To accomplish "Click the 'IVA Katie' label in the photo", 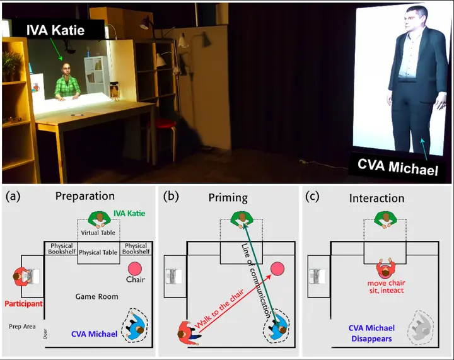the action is (55, 30).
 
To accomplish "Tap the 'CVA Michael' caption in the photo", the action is (397, 167).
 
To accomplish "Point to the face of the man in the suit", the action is (413, 21).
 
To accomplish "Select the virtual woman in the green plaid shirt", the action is (67, 83).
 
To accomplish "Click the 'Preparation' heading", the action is (85, 196).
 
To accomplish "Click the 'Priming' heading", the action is (228, 198).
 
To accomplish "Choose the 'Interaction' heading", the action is (376, 198).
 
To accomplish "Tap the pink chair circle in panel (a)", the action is (135, 269).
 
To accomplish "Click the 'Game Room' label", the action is (96, 296).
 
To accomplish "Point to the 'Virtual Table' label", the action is (98, 233).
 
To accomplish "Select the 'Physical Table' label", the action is (98, 252).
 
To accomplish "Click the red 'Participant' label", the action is (23, 304).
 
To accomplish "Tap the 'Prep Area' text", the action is (22, 327).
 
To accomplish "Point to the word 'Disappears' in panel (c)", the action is (371, 339).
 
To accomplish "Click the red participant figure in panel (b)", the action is (189, 332).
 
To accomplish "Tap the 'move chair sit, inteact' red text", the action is (387, 287).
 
